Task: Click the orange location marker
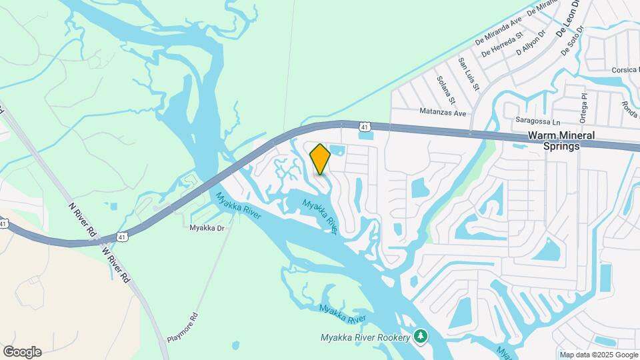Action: coord(320,159)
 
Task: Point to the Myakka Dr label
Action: coord(207,228)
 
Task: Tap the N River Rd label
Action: coord(83,218)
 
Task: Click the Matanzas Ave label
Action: coord(442,113)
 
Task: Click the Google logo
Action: coord(22,352)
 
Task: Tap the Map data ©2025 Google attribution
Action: coord(598,355)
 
